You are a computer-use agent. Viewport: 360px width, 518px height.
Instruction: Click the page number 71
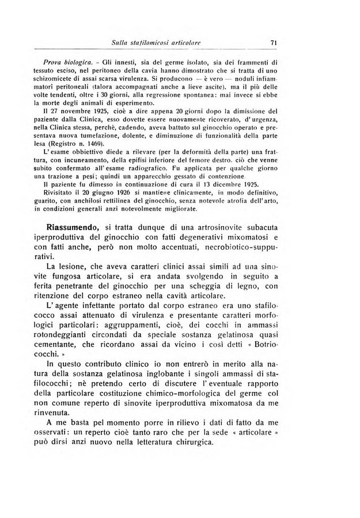(274, 41)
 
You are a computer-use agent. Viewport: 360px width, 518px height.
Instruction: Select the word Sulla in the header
(123, 41)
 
